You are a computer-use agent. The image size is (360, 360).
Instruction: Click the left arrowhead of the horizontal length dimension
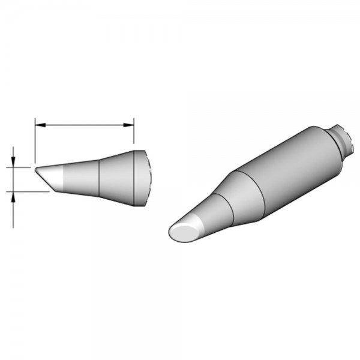pos(38,125)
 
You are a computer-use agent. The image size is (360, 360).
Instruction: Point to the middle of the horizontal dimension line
pos(83,125)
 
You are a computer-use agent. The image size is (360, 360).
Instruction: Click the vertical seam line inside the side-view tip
pos(98,178)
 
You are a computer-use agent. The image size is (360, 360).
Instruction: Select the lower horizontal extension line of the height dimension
pos(27,191)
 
